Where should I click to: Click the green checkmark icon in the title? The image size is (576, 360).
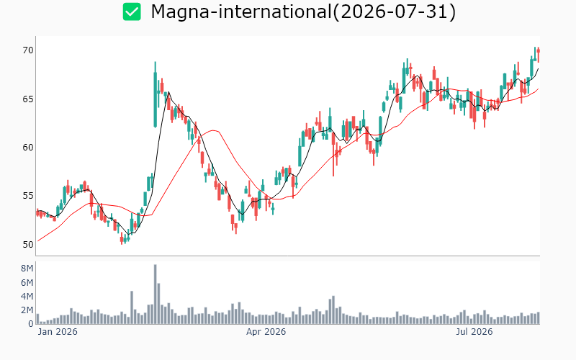[x=132, y=12]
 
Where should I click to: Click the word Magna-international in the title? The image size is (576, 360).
[x=241, y=12]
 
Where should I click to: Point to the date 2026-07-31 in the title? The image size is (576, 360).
[x=394, y=12]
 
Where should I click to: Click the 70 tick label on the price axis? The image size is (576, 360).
[x=28, y=50]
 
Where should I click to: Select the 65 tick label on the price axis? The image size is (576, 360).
[x=28, y=99]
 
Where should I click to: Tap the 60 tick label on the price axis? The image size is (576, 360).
[x=28, y=148]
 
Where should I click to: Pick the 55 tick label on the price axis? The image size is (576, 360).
[x=28, y=196]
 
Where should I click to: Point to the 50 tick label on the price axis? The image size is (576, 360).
[x=28, y=245]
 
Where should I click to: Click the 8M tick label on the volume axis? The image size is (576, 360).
[x=27, y=269]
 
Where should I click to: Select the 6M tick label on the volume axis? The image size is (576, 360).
[x=27, y=282]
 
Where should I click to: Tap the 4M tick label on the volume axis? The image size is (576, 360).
[x=27, y=296]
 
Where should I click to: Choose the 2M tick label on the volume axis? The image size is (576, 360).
[x=27, y=310]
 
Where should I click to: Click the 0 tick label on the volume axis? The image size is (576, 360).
[x=31, y=323]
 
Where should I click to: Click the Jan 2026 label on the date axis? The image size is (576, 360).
[x=58, y=332]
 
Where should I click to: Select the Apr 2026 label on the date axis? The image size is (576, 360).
[x=266, y=332]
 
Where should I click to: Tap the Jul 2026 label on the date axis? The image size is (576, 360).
[x=474, y=332]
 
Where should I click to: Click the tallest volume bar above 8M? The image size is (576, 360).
[x=155, y=294]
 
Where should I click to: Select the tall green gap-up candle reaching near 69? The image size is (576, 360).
[x=155, y=99]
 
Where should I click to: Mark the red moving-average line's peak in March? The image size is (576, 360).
[x=214, y=130]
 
